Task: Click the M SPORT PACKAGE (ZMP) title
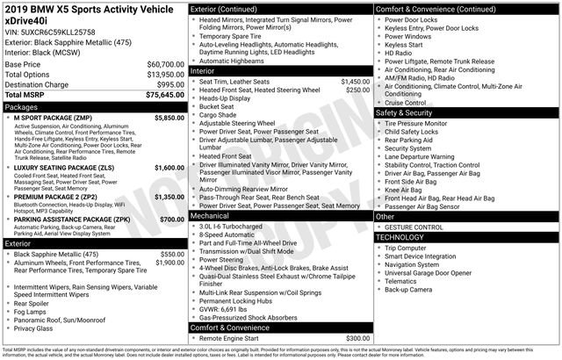56,117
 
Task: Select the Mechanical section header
210,214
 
